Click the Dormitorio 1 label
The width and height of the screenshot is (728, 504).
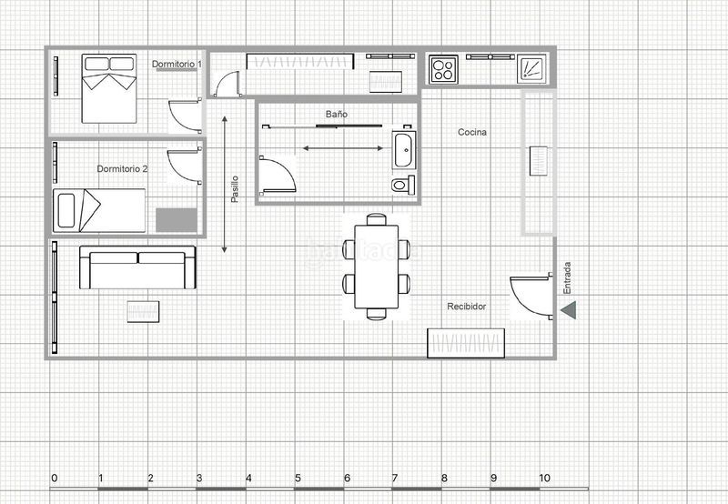coord(177,64)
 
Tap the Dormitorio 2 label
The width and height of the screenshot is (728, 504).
coord(122,169)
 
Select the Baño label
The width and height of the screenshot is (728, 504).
coord(336,114)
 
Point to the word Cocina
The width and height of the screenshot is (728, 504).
coord(472,132)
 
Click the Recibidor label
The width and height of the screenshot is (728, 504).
coord(466,307)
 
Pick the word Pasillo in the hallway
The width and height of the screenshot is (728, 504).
coord(235,189)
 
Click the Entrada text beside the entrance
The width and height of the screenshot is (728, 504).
coord(567,278)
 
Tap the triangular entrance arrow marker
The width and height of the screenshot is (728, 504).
coord(569,310)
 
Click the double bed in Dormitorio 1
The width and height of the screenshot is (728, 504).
coord(109,88)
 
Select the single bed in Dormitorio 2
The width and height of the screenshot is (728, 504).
coord(99,210)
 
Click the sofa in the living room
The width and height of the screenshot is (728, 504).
coord(137,267)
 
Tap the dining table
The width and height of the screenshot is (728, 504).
coord(377,267)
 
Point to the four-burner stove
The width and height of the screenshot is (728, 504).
coord(443,69)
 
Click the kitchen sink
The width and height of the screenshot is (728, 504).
coord(531,69)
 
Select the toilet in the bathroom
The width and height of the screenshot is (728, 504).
coord(403,186)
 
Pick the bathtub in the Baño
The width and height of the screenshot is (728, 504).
coord(403,150)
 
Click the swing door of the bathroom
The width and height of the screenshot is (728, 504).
coord(278,175)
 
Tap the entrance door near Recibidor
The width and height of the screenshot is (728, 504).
coord(531,296)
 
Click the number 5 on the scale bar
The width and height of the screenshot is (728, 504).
coord(298,478)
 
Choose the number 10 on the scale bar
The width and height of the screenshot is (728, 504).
coord(544,478)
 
